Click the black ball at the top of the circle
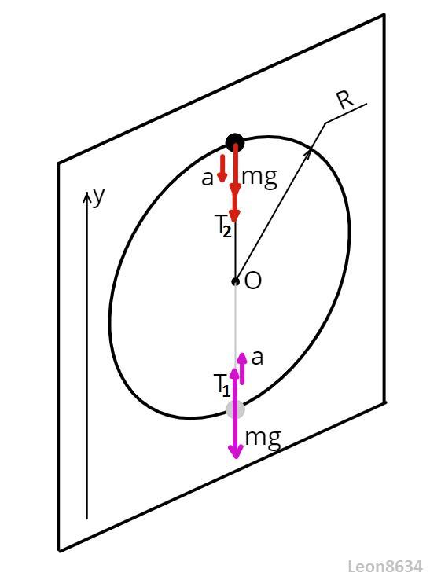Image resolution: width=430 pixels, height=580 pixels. (235, 142)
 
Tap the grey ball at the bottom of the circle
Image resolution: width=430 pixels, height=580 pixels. (235, 409)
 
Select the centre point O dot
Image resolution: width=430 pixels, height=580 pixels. (235, 281)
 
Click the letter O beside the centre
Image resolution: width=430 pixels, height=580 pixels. (253, 281)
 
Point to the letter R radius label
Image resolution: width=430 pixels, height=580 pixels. (346, 100)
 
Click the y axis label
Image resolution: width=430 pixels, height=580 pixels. (98, 196)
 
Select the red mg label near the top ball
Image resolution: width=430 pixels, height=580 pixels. (259, 178)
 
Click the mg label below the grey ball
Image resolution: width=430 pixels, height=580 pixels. (263, 439)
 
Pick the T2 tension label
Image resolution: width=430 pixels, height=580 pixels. (223, 226)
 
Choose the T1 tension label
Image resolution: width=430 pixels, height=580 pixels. (222, 385)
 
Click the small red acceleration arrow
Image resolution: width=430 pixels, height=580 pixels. (222, 168)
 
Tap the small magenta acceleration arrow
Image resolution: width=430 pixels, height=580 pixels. (242, 369)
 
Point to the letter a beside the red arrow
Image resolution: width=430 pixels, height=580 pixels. (208, 178)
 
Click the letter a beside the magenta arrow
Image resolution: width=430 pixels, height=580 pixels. (257, 358)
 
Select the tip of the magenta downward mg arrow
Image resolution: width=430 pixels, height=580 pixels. (236, 459)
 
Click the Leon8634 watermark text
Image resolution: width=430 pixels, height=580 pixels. (385, 567)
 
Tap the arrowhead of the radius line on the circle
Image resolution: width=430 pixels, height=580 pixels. (308, 155)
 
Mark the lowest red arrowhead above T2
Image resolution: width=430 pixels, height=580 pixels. (234, 215)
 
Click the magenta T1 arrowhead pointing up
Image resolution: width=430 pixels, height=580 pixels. (234, 373)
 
